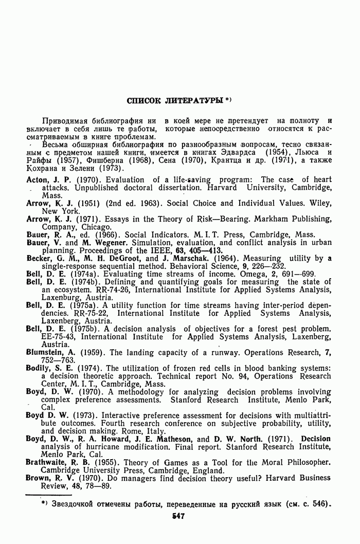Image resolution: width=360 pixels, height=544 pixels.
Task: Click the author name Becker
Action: pyautogui.click(x=39, y=259)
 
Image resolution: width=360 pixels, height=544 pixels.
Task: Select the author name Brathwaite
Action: pyautogui.click(x=49, y=462)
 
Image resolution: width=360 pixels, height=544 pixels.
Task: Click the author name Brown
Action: pyautogui.click(x=38, y=478)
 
